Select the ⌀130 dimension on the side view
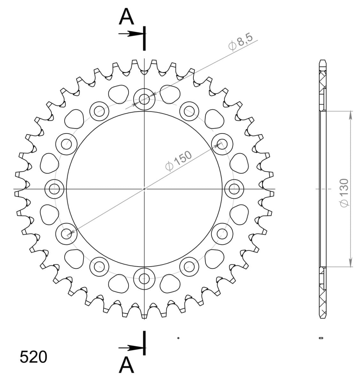(x=344, y=193)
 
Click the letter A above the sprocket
(x=126, y=16)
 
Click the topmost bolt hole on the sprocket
(x=144, y=99)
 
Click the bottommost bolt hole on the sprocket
(x=144, y=279)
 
